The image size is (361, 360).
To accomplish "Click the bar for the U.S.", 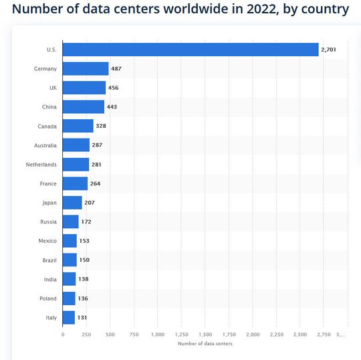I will click(x=191, y=50).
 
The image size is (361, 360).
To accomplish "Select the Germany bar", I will click(x=86, y=68).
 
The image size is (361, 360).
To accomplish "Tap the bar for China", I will click(x=84, y=107).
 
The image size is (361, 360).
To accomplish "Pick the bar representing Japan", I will click(x=72, y=203).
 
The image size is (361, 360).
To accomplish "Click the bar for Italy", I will click(x=69, y=317).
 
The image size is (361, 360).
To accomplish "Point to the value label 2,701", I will click(x=331, y=50).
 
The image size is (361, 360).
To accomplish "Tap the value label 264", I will click(x=96, y=183).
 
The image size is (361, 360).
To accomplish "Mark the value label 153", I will click(x=85, y=241).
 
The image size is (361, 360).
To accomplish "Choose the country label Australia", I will click(x=45, y=145).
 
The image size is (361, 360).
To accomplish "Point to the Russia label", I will click(x=48, y=221).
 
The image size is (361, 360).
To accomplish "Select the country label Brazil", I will click(x=49, y=260).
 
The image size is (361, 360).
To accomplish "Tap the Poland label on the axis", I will click(x=48, y=298).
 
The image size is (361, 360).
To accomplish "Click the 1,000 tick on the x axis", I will click(x=158, y=334).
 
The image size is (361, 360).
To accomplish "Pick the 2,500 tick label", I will click(x=300, y=334).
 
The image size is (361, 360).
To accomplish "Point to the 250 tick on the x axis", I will click(x=86, y=334).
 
